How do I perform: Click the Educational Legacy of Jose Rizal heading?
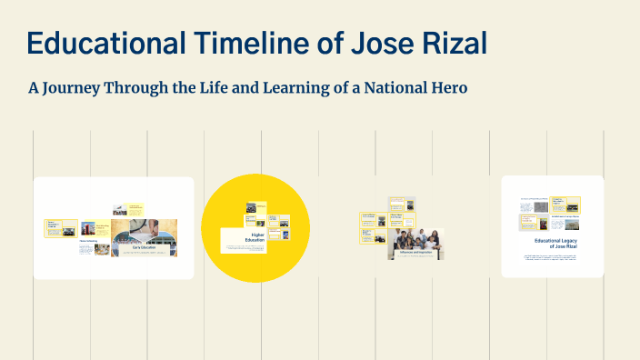tap(556, 244)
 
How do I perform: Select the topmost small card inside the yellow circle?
tap(255, 207)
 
